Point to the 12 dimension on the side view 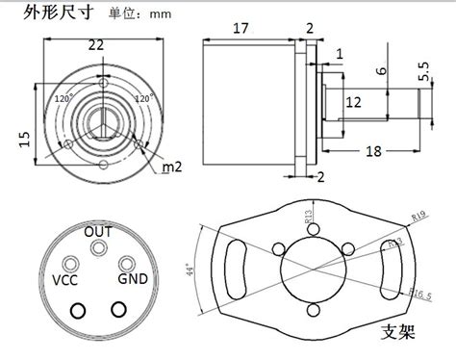[x=353, y=101]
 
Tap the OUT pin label [x=98, y=232]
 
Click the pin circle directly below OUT [x=98, y=249]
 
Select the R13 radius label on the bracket [x=309, y=219]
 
